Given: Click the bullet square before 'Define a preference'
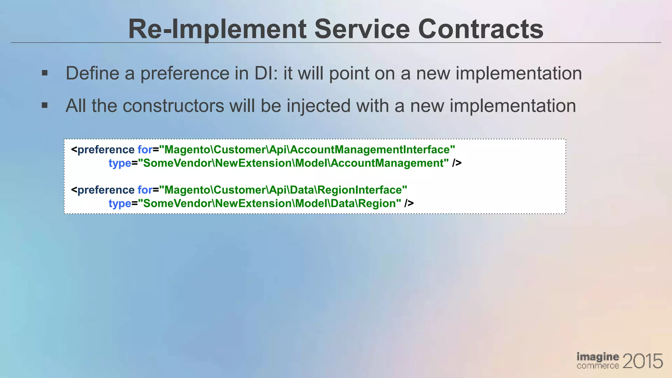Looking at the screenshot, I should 45,73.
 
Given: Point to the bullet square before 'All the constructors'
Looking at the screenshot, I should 45,106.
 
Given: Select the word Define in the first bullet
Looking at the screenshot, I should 92,73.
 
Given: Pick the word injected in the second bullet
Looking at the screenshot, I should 319,106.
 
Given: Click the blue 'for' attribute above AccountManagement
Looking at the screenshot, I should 145,150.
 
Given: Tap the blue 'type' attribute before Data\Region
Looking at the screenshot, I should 120,203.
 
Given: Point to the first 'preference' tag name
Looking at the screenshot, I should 106,150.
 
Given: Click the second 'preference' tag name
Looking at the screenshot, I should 106,190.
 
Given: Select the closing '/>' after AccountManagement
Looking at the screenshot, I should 457,163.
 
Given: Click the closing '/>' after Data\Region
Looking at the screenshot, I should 409,203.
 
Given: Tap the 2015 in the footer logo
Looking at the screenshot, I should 642,361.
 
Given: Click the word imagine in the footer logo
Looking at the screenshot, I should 598,357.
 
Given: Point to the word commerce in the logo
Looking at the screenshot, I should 598,366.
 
